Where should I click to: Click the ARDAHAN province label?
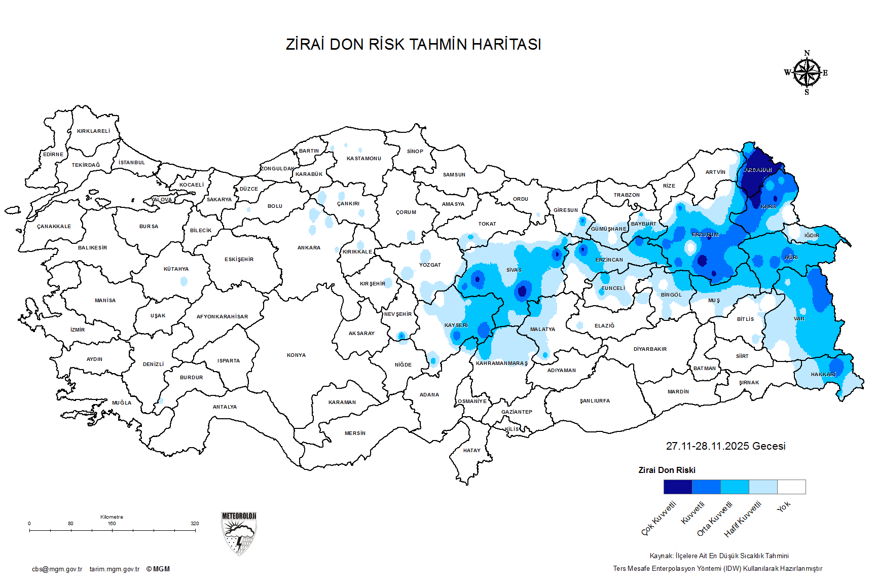[x=758, y=170]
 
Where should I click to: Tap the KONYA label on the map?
[x=296, y=355]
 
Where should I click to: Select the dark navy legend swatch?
[x=678, y=487]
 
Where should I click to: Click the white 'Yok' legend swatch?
[x=791, y=487]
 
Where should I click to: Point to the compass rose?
[x=807, y=73]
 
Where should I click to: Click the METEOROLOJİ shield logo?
[x=239, y=533]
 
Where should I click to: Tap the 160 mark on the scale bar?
[x=112, y=524]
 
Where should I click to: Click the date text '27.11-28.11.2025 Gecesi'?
[x=725, y=446]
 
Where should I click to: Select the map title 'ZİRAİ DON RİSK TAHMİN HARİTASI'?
[x=413, y=45]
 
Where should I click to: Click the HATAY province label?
[x=471, y=450]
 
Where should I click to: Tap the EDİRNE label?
[x=53, y=154]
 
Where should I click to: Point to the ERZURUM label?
[x=705, y=235]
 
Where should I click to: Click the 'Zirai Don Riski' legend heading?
[x=667, y=470]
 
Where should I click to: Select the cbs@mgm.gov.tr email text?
[x=57, y=569]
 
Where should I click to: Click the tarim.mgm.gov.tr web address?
[x=115, y=569]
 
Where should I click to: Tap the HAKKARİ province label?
[x=823, y=375]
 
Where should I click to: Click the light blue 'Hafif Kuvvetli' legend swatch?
[x=763, y=487]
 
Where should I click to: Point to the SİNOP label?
[x=415, y=151]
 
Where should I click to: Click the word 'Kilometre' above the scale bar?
[x=112, y=517]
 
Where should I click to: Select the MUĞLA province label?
[x=122, y=403]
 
